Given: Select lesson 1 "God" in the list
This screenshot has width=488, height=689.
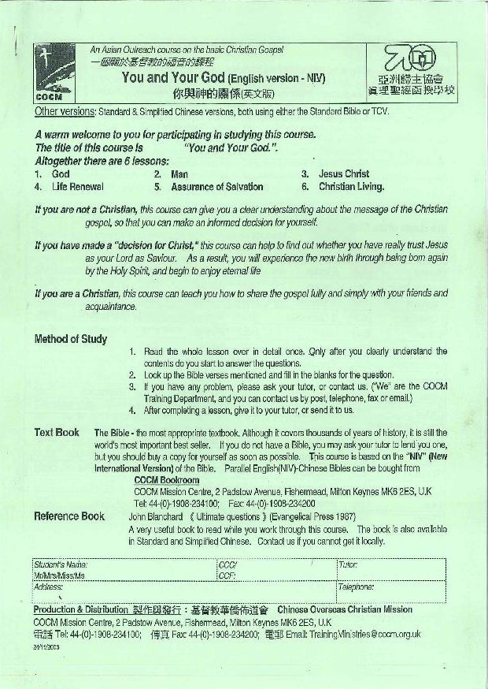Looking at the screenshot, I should tap(61, 173).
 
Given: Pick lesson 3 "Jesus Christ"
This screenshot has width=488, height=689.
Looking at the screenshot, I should tap(344, 173).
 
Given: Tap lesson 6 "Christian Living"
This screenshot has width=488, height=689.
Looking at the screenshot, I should tap(351, 187).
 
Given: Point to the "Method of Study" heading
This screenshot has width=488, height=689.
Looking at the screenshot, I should tap(70, 339).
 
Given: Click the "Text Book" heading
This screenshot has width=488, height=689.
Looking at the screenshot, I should tap(57, 432).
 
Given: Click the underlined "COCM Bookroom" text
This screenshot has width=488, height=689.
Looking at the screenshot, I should tap(167, 480).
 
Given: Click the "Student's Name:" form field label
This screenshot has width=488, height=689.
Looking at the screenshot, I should tap(60, 565).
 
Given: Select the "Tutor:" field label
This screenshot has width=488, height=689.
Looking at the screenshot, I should tap(348, 565).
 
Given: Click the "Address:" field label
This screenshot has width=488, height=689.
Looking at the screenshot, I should tap(48, 587).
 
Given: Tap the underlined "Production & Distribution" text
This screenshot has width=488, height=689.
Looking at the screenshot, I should tap(79, 609).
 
